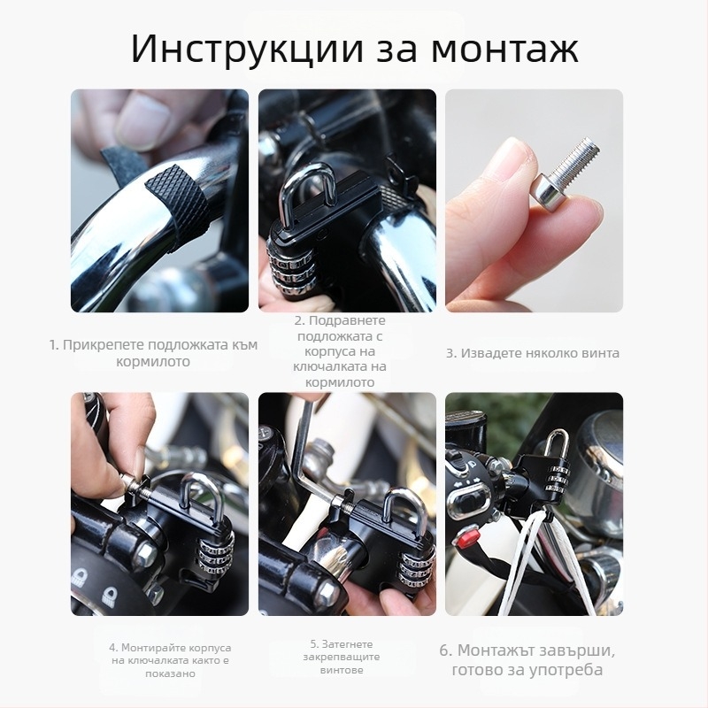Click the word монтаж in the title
click(504, 50)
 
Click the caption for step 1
click(153, 353)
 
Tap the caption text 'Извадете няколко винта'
click(532, 353)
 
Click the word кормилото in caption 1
click(153, 362)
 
